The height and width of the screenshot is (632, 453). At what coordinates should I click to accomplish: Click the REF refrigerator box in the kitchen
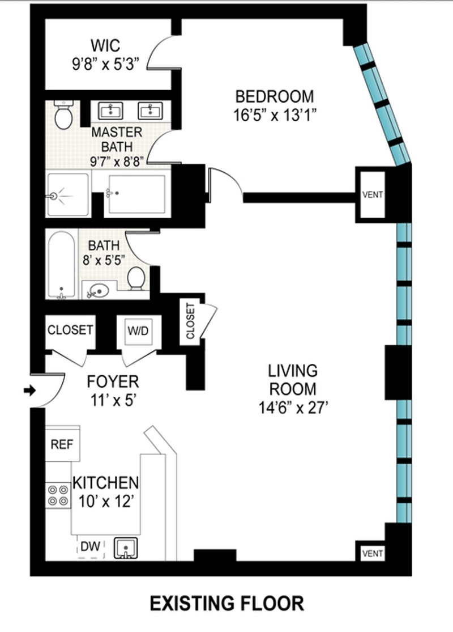click(x=62, y=443)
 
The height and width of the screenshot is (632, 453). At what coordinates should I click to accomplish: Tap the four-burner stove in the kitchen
click(x=58, y=495)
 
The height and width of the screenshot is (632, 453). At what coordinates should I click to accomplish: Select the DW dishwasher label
click(x=91, y=546)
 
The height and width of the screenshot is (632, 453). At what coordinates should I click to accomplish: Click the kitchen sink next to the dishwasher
click(x=126, y=548)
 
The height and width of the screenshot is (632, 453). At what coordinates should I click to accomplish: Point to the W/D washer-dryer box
click(x=138, y=331)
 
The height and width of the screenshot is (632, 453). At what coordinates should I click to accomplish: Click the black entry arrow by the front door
click(x=30, y=390)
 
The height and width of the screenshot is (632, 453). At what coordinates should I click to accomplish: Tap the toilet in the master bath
click(x=63, y=115)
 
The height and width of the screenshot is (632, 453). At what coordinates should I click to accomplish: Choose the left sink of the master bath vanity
click(x=111, y=111)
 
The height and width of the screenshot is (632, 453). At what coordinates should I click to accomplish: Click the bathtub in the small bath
click(x=61, y=265)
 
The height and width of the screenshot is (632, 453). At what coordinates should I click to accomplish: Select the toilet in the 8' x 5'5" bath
click(x=136, y=278)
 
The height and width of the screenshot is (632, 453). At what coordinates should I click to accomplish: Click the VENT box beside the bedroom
click(x=373, y=194)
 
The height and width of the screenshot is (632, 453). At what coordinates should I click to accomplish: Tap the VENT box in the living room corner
click(x=373, y=553)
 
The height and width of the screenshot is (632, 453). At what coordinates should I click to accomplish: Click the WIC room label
click(x=105, y=45)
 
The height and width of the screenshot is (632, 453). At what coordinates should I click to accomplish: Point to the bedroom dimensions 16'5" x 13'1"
click(x=274, y=116)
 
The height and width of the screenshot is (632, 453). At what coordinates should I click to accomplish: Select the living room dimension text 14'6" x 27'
click(x=292, y=408)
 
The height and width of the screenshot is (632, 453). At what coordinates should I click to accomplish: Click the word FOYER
click(x=113, y=381)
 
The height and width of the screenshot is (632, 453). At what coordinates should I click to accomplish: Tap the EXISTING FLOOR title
click(x=227, y=604)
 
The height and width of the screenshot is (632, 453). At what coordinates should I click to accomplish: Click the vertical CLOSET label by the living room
click(x=190, y=321)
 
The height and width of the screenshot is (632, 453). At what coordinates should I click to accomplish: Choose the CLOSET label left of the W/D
click(x=70, y=330)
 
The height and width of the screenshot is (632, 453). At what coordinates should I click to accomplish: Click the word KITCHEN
click(x=105, y=482)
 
